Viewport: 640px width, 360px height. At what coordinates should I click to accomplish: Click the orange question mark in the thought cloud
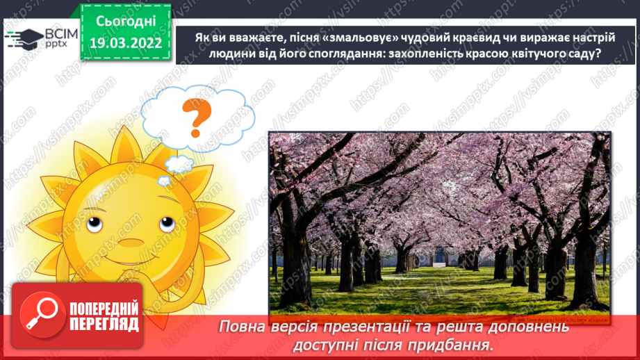coord(195,117)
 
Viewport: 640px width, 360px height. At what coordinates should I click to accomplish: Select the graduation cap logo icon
coord(22,38)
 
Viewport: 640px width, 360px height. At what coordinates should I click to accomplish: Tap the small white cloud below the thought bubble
coord(179,165)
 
